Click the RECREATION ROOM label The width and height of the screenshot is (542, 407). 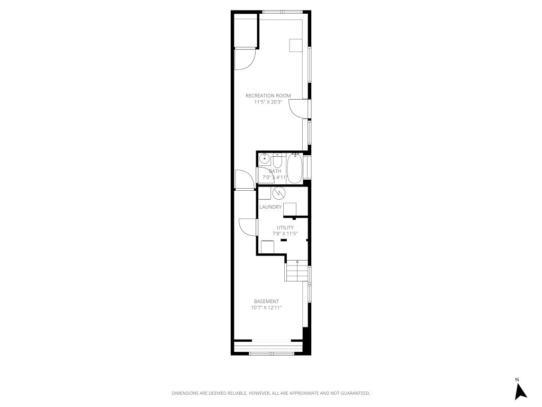coord(268,96)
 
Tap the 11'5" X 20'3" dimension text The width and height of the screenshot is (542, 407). coord(268,102)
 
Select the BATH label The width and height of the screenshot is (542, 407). coord(275,171)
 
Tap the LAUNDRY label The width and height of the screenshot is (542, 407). coord(270,207)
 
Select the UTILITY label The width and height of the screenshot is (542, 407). coord(285,227)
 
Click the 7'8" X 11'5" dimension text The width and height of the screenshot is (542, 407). coord(285,234)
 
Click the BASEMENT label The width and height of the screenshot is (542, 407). coord(266,302)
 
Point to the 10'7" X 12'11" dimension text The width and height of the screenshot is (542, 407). coord(266,307)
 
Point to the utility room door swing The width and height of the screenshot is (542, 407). coord(248,227)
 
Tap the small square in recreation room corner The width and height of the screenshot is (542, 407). coord(295,45)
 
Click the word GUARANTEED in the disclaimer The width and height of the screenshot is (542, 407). coord(355,393)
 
